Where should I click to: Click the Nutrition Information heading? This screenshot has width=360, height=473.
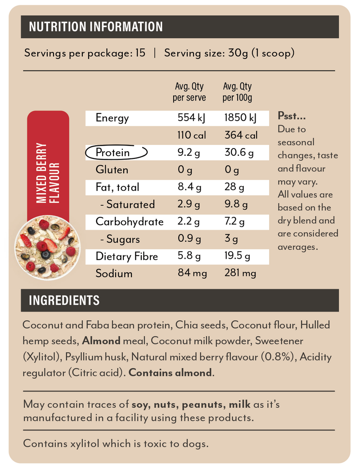pos(95,27)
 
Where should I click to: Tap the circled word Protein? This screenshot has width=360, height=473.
pos(113,153)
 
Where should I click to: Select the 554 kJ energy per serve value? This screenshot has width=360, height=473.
pos(191,118)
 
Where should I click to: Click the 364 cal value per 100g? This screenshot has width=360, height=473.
pos(241,135)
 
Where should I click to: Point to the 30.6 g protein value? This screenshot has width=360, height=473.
pos(239,153)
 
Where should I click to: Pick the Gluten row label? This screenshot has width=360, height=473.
pos(112,170)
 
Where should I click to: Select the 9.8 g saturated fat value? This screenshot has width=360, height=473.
pos(236,205)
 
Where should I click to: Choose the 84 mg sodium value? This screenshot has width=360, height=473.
pos(191,274)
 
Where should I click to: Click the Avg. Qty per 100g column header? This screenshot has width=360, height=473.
pos(237,92)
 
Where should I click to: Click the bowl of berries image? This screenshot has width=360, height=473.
pos(48,248)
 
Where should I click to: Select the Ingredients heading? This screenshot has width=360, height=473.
pos(64,300)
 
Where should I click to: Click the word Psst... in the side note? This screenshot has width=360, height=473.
pos(292,117)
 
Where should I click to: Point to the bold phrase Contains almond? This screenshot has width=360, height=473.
pos(170,373)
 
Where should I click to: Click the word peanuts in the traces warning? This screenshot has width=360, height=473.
pos(203,404)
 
